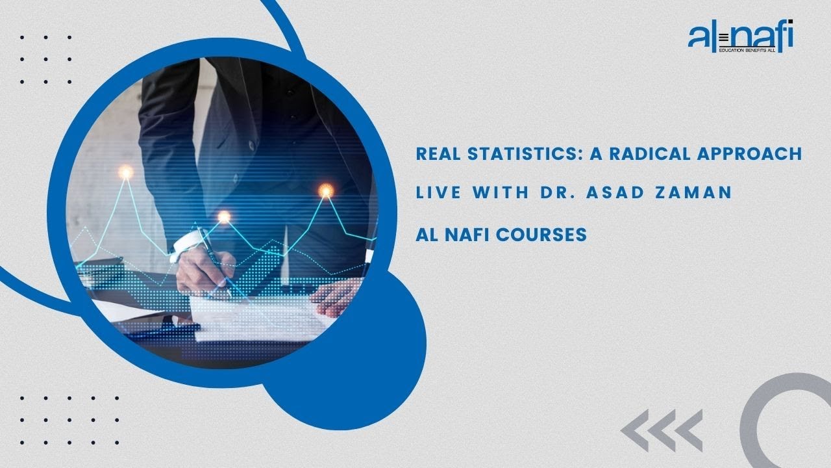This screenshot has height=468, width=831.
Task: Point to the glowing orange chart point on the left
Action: click(125, 172)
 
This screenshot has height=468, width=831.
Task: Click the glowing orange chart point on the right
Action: click(325, 190)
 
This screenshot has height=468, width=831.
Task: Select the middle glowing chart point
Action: click(224, 216)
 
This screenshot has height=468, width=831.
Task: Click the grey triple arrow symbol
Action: click(661, 430)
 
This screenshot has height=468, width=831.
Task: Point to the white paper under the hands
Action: click(260, 318)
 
